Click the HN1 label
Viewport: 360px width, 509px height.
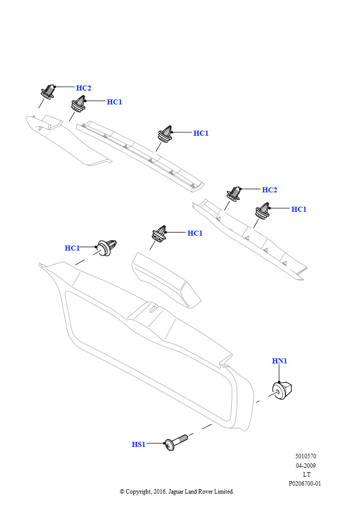[x=279, y=361]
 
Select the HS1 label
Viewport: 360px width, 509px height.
[x=138, y=444]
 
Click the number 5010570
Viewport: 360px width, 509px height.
[x=305, y=456]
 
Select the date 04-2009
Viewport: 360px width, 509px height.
[x=305, y=466]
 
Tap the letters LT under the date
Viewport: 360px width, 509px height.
[x=306, y=475]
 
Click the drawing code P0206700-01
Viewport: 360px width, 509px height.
[x=305, y=484]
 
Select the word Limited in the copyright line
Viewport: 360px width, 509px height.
[x=224, y=492]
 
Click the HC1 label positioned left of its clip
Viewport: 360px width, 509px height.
[x=72, y=248]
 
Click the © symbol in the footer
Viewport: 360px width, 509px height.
[x=122, y=492]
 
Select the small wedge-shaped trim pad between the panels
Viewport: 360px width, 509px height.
[x=164, y=278]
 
